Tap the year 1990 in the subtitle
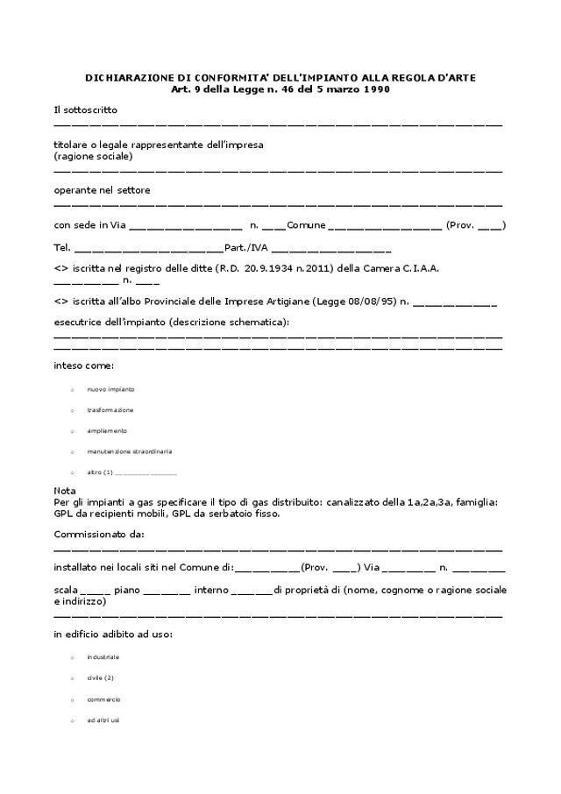click(375, 89)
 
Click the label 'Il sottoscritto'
click(85, 110)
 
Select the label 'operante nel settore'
click(102, 190)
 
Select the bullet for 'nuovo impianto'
click(72, 389)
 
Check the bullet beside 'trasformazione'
click(72, 410)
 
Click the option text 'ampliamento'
click(107, 431)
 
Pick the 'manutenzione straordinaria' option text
click(129, 451)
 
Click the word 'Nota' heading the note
click(65, 491)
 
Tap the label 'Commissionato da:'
click(99, 534)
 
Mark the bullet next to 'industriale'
click(72, 657)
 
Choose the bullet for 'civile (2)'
click(72, 678)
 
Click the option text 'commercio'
click(103, 699)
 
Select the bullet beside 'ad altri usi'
click(72, 720)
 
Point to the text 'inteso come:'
click(83, 365)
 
